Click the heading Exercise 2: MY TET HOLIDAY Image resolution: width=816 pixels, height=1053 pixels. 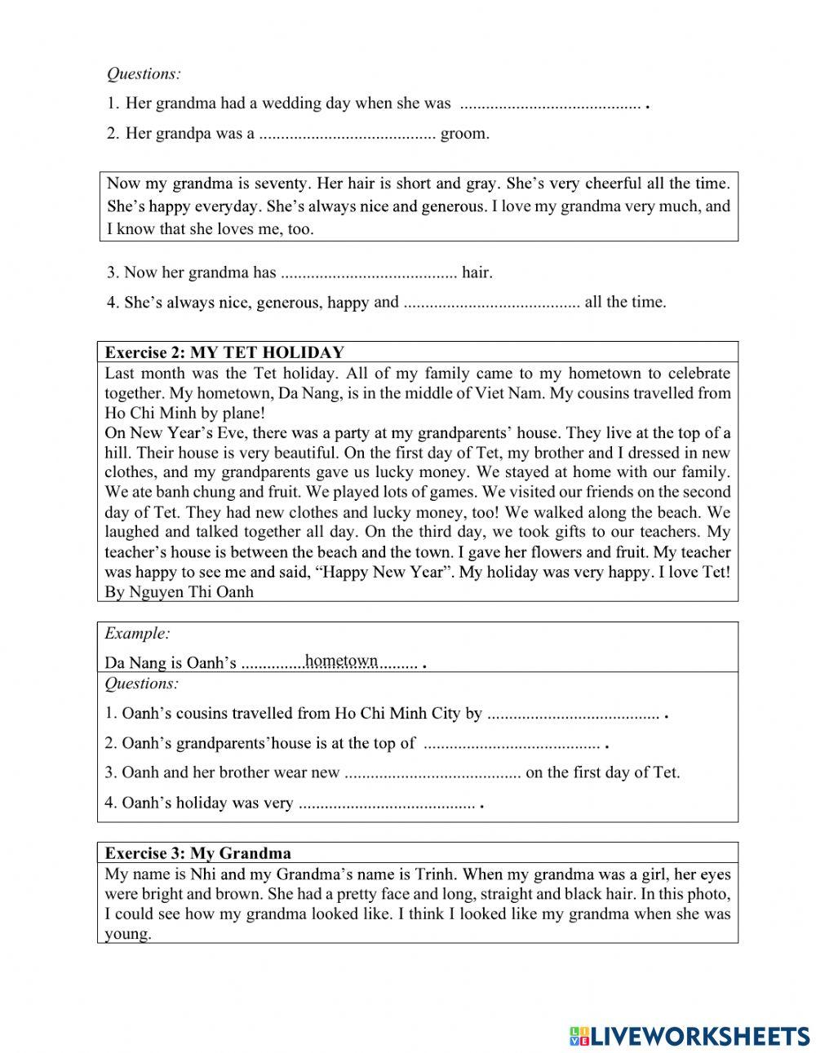pos(224,352)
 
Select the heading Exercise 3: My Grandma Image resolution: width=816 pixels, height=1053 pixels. pos(197,853)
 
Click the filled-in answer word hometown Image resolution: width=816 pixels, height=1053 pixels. pos(341,661)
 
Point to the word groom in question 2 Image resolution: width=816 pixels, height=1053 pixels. pos(465,134)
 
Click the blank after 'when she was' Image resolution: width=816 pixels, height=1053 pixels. pos(550,104)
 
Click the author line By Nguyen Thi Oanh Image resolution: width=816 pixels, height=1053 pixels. pos(179,592)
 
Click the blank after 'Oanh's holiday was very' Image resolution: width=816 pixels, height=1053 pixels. pos(387,804)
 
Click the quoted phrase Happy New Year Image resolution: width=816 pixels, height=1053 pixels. pos(386,572)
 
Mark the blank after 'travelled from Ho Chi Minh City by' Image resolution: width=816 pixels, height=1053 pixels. pos(573,715)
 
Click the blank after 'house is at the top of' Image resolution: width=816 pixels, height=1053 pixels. pos(512,744)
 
